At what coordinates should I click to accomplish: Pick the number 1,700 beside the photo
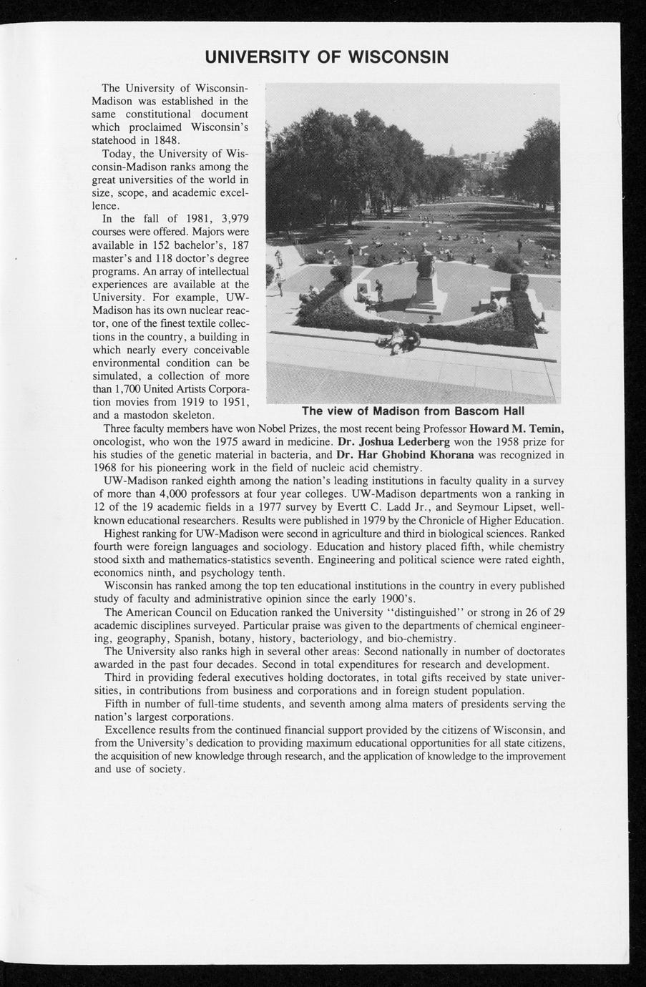click(x=111, y=389)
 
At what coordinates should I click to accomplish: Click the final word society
click(x=166, y=769)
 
